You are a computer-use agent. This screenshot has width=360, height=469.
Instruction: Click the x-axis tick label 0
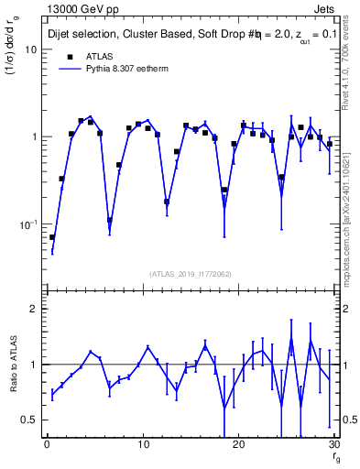(47, 445)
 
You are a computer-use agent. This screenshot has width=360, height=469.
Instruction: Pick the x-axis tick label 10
(142, 445)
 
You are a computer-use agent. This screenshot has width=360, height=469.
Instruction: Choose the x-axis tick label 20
(237, 445)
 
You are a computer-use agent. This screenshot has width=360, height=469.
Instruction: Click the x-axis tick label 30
(333, 445)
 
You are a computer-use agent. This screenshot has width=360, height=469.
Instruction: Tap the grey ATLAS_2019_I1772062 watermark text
(190, 273)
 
